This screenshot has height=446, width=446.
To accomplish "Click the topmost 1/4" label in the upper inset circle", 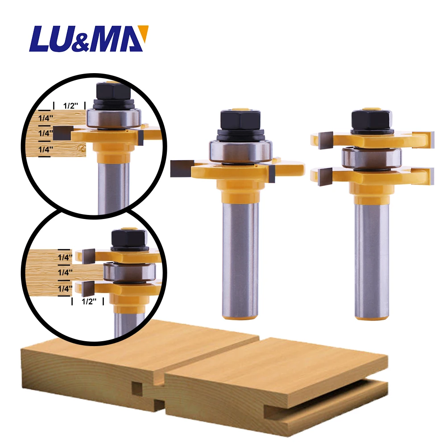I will point(45,119).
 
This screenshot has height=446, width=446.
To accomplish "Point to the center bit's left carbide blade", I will point(181,168).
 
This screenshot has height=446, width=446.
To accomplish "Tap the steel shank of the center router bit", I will point(240,259).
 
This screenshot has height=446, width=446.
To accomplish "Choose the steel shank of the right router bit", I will point(372,259).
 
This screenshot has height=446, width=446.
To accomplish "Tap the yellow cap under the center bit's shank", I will point(240,317).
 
